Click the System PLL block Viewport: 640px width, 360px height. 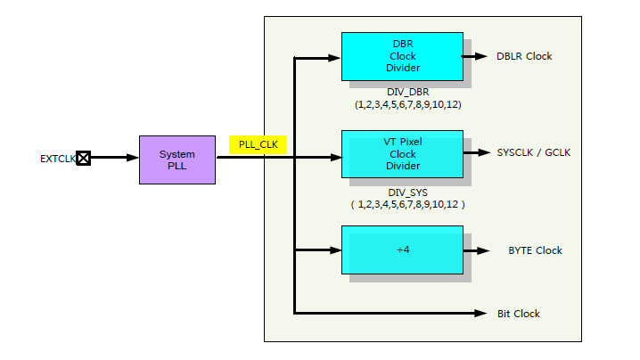(176, 160)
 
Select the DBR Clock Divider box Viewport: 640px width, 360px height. (402, 56)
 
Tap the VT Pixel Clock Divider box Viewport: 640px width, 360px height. (402, 153)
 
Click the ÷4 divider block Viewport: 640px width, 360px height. (402, 250)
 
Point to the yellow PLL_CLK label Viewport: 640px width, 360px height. (258, 144)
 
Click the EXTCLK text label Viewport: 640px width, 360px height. (57, 160)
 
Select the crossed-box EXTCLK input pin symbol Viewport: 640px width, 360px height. (83, 159)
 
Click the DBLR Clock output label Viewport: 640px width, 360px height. (524, 56)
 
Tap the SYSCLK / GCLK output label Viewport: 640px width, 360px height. (533, 152)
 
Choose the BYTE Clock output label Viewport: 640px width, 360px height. (535, 250)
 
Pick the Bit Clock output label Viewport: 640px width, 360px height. (518, 314)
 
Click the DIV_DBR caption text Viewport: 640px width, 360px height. (407, 92)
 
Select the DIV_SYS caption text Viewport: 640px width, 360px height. (407, 191)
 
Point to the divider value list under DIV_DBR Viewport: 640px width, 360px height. (407, 104)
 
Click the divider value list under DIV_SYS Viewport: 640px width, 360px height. (407, 204)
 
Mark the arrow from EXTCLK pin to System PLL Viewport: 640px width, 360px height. (114, 159)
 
